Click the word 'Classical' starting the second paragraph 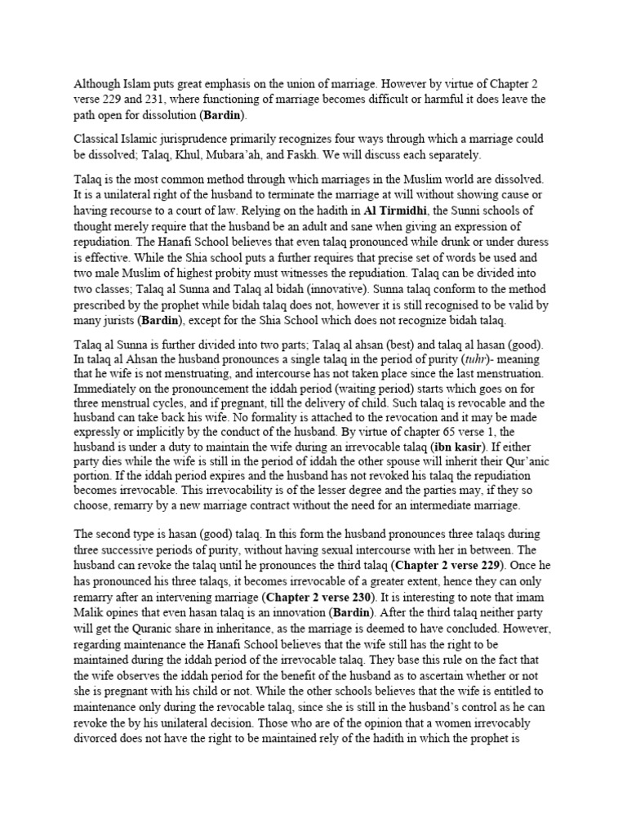[100, 139]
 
